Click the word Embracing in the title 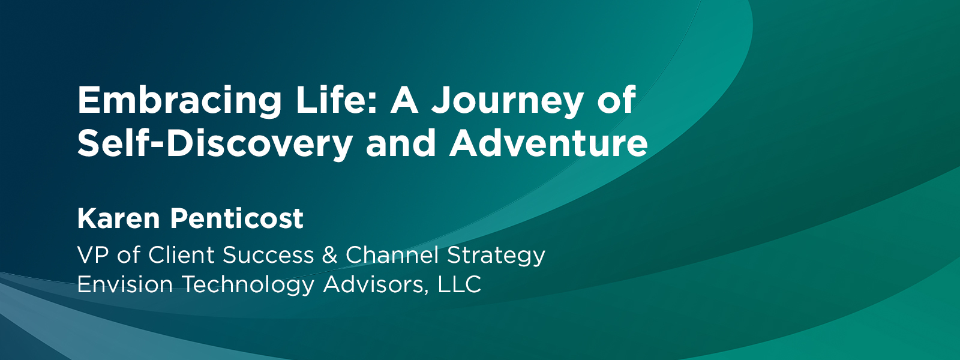pyautogui.click(x=179, y=102)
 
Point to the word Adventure pyautogui.click(x=548, y=142)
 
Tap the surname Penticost pyautogui.click(x=237, y=218)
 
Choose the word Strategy pyautogui.click(x=496, y=256)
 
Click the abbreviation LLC pyautogui.click(x=460, y=284)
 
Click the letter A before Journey pyautogui.click(x=404, y=100)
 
